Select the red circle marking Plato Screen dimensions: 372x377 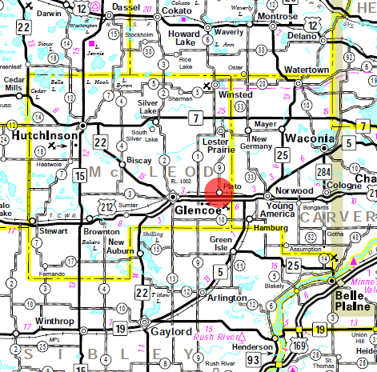tap(219, 193)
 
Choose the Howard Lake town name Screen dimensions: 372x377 tap(182, 41)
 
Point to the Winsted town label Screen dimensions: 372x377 tap(233, 94)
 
